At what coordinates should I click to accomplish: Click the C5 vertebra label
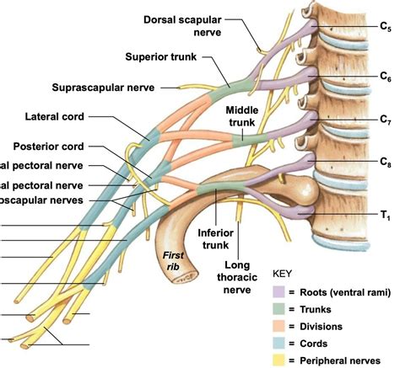tap(385, 28)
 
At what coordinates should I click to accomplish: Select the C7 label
tap(385, 119)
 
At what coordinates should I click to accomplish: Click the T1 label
tap(385, 216)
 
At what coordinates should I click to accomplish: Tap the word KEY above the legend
tap(284, 275)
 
